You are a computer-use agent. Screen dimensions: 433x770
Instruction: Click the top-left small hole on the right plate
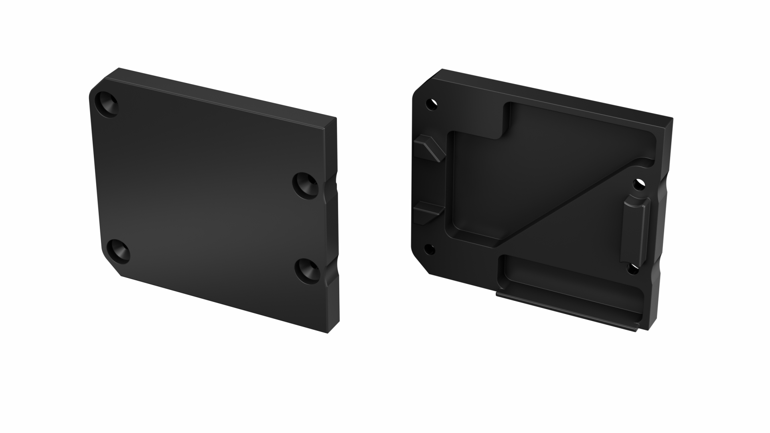point(432,105)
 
